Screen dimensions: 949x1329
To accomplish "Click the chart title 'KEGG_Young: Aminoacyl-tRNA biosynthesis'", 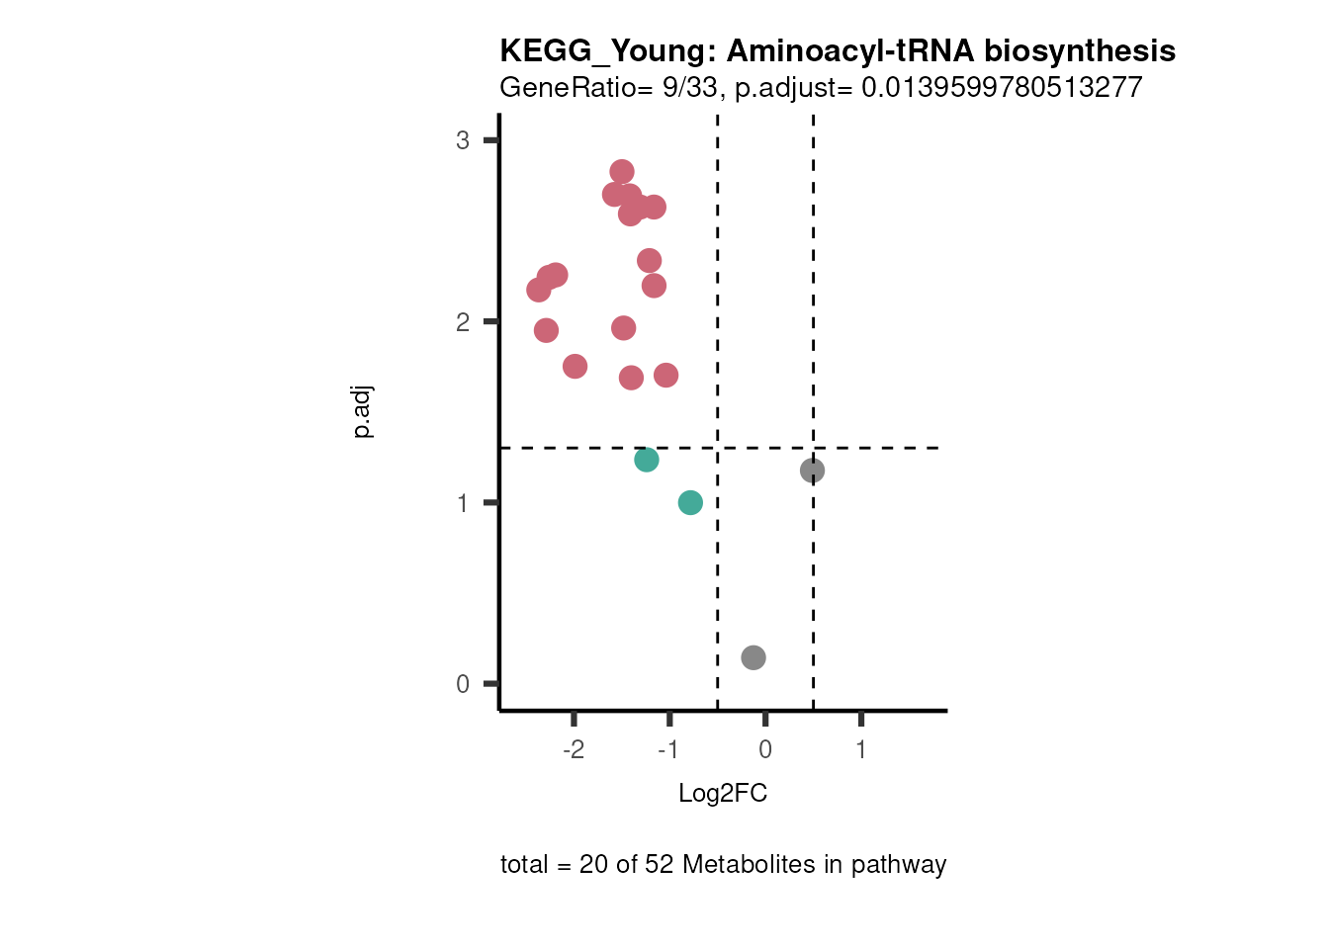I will click(x=837, y=50).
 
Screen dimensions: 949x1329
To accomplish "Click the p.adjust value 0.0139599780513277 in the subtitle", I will click(x=1002, y=88).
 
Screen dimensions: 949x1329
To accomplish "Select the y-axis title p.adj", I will click(x=363, y=412).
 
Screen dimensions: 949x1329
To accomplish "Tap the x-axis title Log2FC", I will click(x=723, y=793).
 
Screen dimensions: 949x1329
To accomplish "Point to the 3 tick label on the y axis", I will click(x=463, y=140).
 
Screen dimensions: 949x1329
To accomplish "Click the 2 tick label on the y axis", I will click(x=463, y=322).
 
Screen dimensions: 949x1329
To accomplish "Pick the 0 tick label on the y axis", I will click(x=463, y=684).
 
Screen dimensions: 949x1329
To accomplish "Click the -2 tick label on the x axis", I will click(x=574, y=749).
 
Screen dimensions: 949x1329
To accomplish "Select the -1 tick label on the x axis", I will click(x=668, y=749).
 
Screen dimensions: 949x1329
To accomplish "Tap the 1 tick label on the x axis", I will click(x=861, y=749).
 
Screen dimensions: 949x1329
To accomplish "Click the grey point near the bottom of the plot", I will click(x=753, y=657).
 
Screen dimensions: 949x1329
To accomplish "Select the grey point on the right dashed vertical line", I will click(x=812, y=471).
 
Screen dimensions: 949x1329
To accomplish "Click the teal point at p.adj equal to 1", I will click(x=690, y=503).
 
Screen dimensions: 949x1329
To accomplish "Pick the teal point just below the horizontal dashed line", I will click(x=646, y=460).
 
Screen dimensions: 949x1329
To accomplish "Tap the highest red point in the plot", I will click(x=621, y=172).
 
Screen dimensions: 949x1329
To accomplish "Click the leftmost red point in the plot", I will click(x=539, y=290).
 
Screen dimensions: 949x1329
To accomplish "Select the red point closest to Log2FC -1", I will click(x=665, y=376).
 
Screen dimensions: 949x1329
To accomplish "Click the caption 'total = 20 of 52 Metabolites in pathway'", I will click(x=723, y=865).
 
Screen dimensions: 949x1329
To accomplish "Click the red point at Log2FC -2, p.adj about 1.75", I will click(x=575, y=367).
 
